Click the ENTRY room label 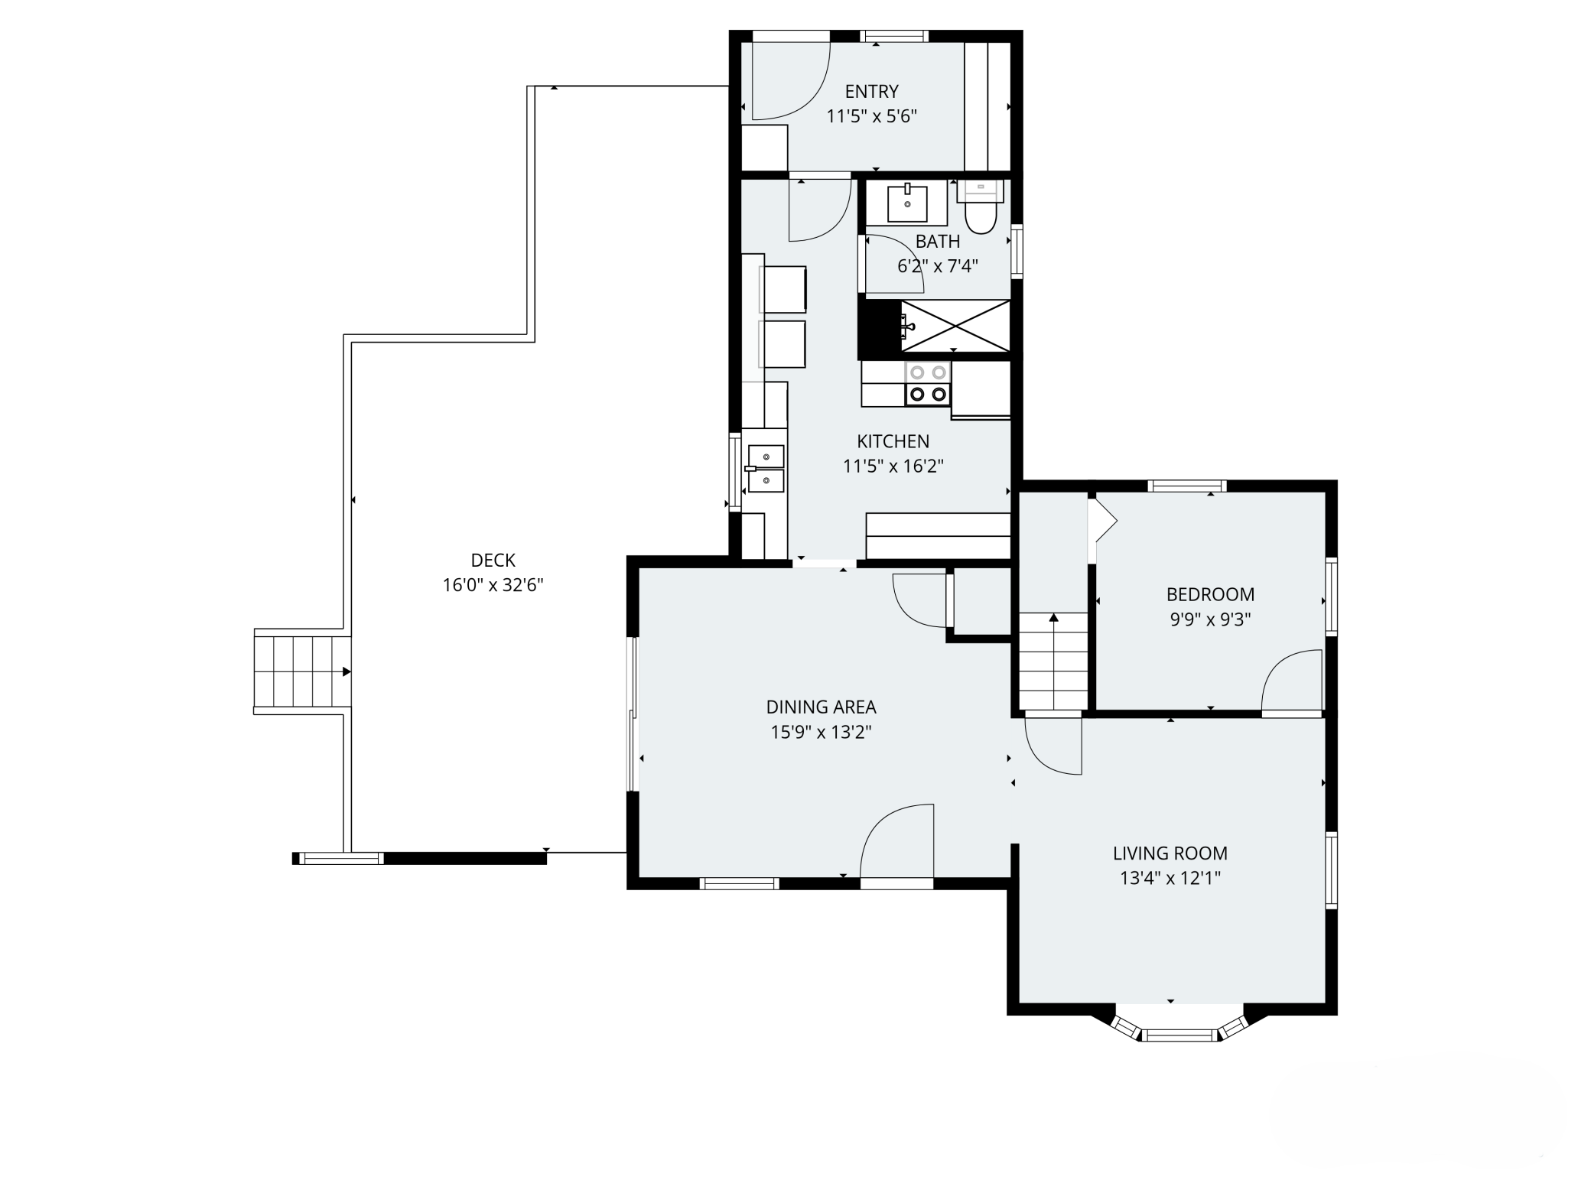871,92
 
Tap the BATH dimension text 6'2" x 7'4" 938,266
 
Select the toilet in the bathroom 981,207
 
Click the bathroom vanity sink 907,203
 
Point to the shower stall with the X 955,326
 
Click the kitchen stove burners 928,383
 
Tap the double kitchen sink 766,469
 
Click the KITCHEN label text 893,441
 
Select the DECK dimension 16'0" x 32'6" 493,585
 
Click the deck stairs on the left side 302,671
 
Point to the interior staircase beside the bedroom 1053,661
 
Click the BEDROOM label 1210,594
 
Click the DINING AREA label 821,707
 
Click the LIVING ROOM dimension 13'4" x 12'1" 1170,878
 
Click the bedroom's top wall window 1186,486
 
